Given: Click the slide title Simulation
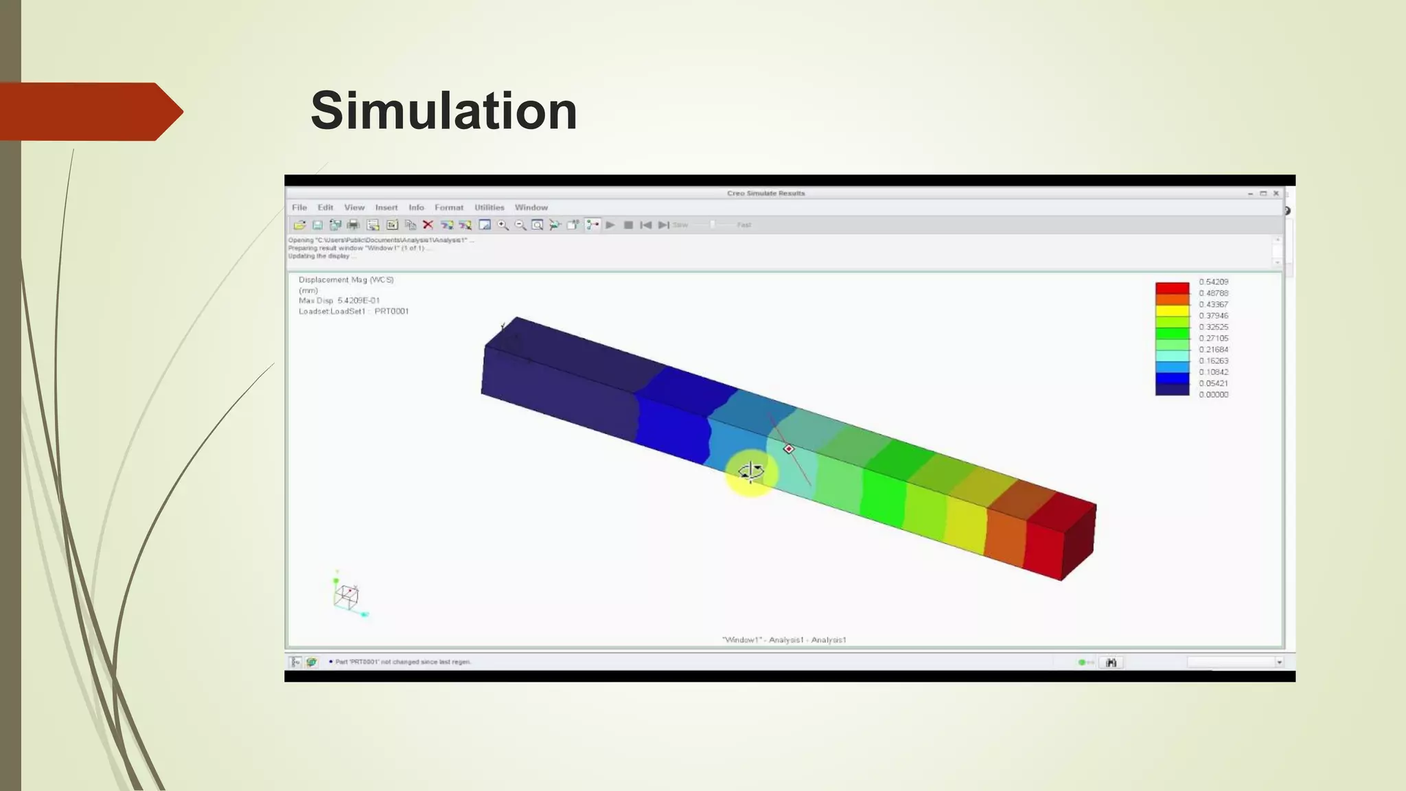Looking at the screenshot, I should tap(443, 111).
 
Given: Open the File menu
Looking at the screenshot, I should tap(299, 207).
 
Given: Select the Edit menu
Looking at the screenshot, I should tap(325, 207).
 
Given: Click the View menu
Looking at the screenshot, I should tap(354, 207).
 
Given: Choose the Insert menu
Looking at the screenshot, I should tap(387, 207).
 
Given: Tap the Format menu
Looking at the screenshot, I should tap(449, 207).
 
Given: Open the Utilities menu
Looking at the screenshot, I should tap(489, 207).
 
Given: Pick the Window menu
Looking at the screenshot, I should tap(531, 207).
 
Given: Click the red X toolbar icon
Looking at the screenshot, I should tap(428, 225).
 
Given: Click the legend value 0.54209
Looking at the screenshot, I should tap(1213, 282).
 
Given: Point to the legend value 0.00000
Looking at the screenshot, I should tap(1213, 395).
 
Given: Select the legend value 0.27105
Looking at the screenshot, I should tap(1213, 339).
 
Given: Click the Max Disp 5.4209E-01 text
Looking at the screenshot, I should tap(339, 301).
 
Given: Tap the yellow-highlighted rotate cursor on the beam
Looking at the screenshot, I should tap(750, 472).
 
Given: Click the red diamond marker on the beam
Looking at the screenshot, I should tap(789, 449).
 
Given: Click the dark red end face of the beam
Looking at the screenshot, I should tap(1079, 542).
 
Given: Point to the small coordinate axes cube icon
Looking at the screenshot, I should tap(347, 596).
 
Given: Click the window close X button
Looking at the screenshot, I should tap(1276, 194).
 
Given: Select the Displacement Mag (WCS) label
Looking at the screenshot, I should tap(346, 280).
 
